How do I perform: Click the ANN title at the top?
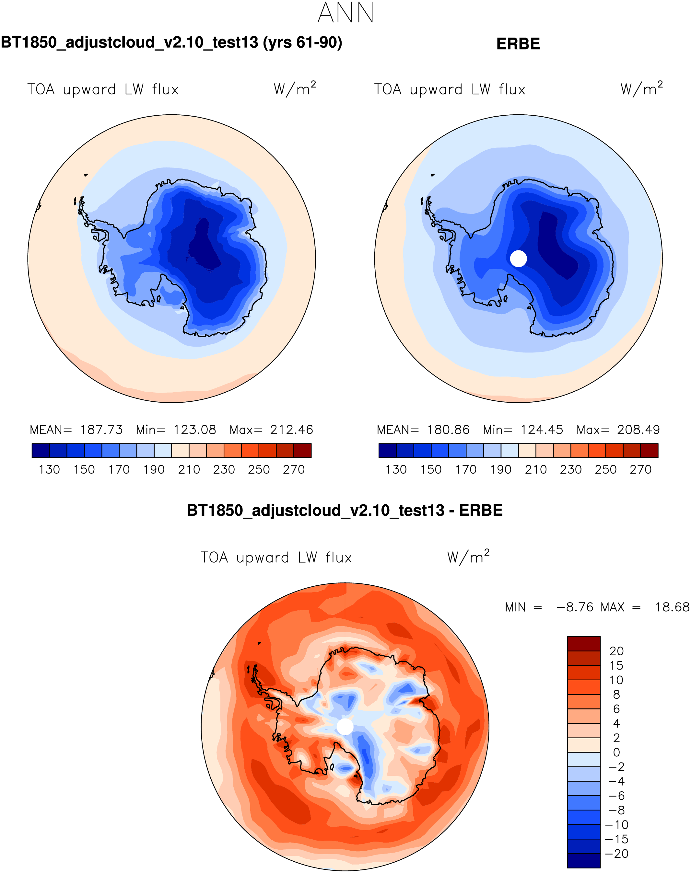345,13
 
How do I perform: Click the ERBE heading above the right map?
518,44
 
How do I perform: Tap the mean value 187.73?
101,430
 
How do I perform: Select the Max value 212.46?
291,430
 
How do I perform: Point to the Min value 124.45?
542,430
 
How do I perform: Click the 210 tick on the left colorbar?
189,470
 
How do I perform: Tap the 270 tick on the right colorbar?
640,470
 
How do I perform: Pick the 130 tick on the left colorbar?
49,470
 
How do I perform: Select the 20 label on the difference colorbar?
616,651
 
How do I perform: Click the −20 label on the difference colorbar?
616,854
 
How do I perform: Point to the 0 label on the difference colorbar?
616,752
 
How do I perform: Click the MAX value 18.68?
672,607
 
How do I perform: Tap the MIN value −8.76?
575,607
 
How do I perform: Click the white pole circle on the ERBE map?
518,258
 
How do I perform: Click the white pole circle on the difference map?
345,727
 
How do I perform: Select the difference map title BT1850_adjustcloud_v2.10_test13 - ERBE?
345,511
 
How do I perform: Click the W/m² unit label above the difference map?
468,557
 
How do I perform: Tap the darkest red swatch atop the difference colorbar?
583,644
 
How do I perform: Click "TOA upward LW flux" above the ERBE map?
450,90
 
